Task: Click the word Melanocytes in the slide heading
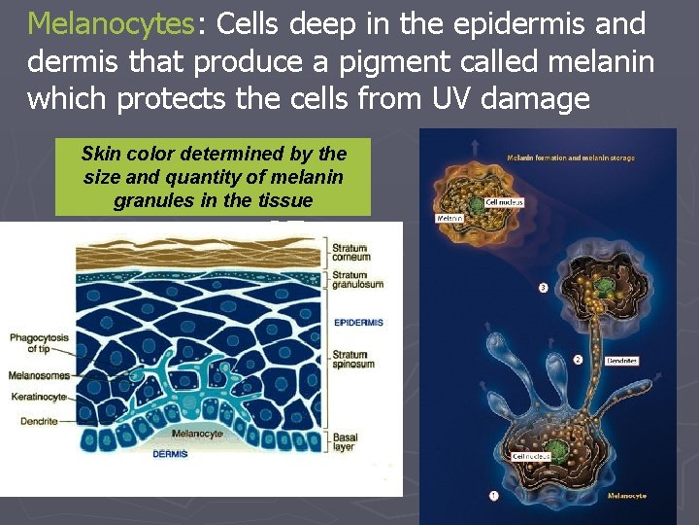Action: click(x=111, y=23)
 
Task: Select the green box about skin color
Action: click(x=214, y=178)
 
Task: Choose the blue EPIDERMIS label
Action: click(x=358, y=322)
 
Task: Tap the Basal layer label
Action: click(x=345, y=442)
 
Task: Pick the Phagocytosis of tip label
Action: click(x=41, y=341)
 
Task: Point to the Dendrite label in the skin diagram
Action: click(x=32, y=421)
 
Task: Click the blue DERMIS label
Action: click(x=170, y=453)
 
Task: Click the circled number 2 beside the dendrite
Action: click(x=579, y=360)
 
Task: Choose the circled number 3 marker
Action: click(x=542, y=288)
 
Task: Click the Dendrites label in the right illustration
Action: click(x=621, y=361)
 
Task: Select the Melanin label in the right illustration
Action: click(x=449, y=219)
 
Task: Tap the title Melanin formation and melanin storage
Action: click(x=570, y=157)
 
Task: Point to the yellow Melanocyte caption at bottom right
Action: click(x=626, y=496)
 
